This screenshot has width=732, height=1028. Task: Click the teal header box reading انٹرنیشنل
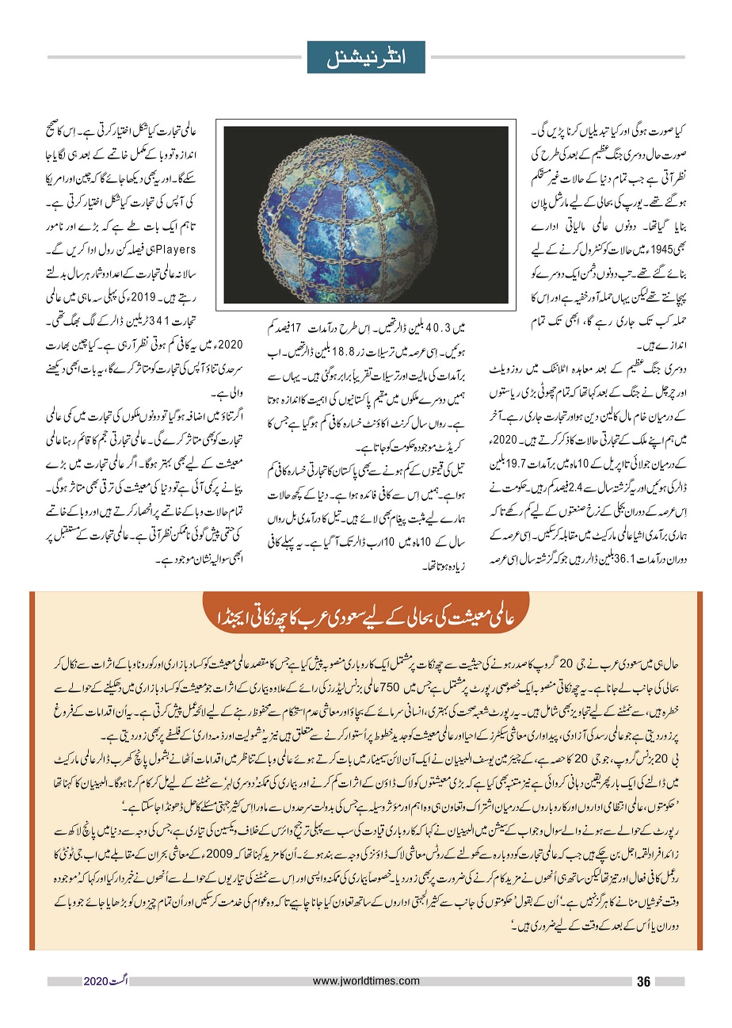coord(366,57)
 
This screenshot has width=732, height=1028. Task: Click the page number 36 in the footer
coord(643,982)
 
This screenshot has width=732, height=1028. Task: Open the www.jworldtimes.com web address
coord(364,981)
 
